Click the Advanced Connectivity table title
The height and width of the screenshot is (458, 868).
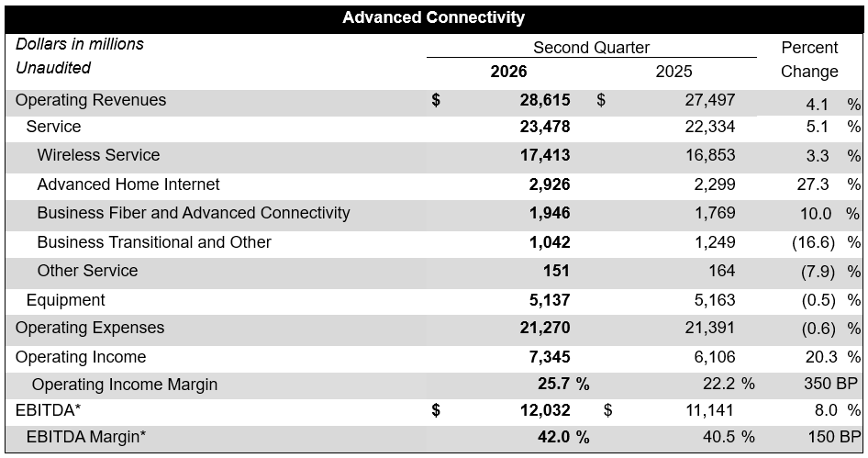(433, 17)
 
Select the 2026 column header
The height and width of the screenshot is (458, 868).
(508, 72)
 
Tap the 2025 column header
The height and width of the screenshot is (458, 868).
(673, 72)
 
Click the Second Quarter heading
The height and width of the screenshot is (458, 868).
(591, 48)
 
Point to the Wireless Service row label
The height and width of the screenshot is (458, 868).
(98, 155)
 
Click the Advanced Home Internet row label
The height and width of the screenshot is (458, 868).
(128, 184)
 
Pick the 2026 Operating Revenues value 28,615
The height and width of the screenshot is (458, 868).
(545, 100)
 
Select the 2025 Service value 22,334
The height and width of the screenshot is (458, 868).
(709, 127)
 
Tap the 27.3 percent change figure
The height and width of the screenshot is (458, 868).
(813, 184)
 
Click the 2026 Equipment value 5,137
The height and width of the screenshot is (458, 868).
(550, 300)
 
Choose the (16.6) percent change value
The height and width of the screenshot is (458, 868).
(813, 242)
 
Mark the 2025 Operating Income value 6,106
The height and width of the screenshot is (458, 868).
(715, 357)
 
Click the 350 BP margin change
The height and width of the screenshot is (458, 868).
(831, 384)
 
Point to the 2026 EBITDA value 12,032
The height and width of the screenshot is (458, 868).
(545, 410)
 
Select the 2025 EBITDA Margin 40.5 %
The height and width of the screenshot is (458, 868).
(729, 437)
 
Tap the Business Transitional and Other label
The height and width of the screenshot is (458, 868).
(154, 242)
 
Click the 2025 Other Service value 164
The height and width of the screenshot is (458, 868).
(722, 271)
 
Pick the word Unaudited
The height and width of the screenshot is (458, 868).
(53, 68)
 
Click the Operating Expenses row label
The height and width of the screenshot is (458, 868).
(90, 328)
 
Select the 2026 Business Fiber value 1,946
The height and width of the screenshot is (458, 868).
(550, 213)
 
